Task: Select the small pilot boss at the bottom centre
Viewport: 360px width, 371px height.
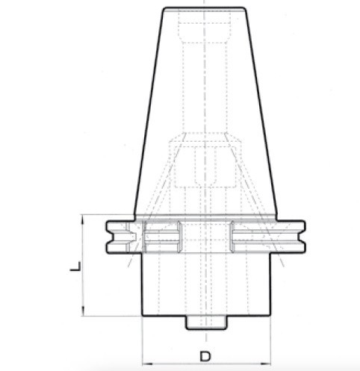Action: pos(205,322)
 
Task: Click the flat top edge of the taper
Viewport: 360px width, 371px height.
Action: pos(205,9)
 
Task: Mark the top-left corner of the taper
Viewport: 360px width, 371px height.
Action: pos(163,10)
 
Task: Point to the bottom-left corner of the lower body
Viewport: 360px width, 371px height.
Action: pos(142,315)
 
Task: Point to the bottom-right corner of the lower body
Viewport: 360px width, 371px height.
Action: pos(270,315)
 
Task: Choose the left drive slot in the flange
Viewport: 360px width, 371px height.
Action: pos(161,238)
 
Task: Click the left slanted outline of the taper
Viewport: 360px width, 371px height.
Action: pos(148,112)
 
